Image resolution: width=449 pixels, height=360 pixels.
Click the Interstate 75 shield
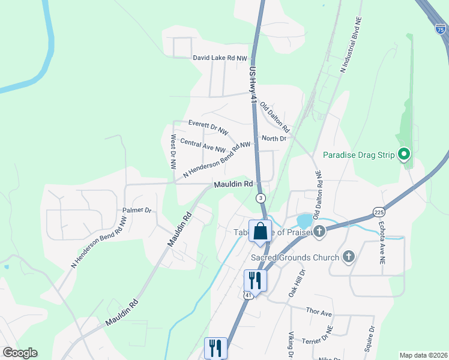point(440,27)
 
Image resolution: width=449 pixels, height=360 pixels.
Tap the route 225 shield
point(378,212)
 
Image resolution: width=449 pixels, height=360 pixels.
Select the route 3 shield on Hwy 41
point(261,197)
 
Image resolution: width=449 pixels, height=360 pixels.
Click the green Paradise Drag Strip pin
point(404,155)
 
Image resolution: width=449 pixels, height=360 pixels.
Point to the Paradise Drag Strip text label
point(358,155)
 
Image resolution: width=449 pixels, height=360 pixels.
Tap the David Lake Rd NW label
point(220,58)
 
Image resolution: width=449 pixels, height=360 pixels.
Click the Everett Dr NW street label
point(208,125)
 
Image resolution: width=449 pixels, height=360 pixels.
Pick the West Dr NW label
point(173,150)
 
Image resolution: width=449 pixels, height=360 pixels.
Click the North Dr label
point(274,138)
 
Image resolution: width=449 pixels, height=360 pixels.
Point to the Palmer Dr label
point(137,211)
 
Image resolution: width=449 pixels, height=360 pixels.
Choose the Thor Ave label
point(319,313)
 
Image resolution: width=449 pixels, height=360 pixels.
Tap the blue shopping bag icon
point(260,230)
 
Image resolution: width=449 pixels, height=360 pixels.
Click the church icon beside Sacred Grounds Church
point(348,257)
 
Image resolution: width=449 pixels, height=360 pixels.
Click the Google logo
point(20,353)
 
